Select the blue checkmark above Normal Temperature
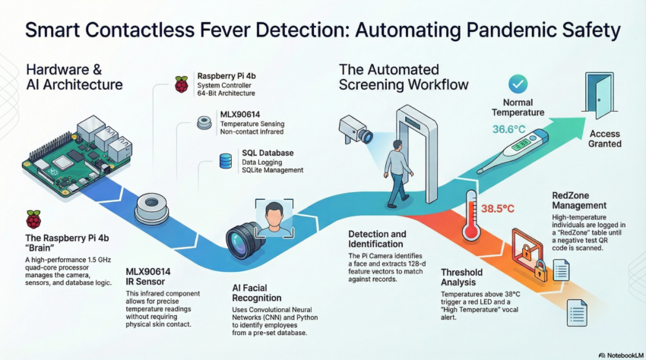[x=518, y=83]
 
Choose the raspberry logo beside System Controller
[x=181, y=84]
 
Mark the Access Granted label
[x=605, y=138]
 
